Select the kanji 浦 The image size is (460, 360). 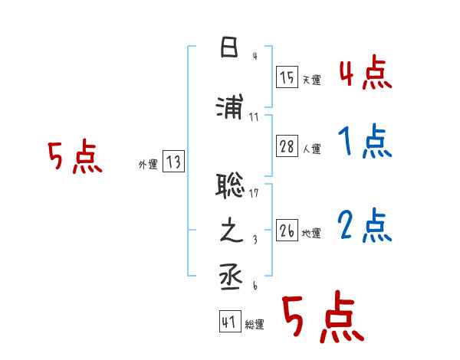click(231, 107)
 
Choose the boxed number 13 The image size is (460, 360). click(173, 162)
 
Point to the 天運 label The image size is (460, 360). click(311, 80)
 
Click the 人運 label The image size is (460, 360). click(311, 149)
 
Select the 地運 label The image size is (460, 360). click(311, 233)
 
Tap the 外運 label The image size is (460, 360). click(147, 164)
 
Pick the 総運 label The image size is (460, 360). click(255, 325)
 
